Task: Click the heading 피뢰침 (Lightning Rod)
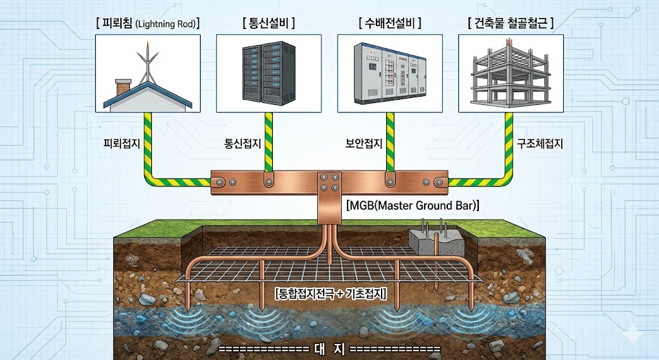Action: [x=147, y=24]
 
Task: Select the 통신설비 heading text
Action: [x=268, y=24]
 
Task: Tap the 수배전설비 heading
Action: [x=390, y=24]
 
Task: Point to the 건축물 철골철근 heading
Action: [x=510, y=24]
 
